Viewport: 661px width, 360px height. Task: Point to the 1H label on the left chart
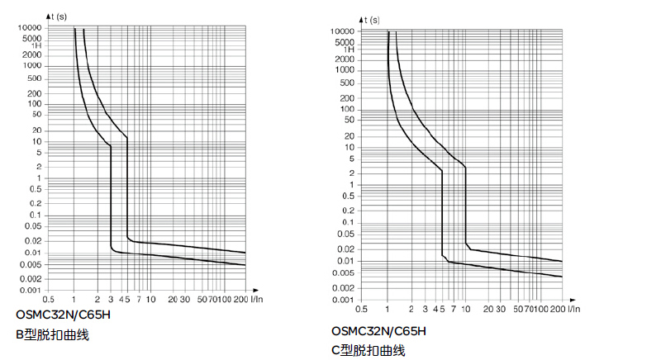tap(36, 45)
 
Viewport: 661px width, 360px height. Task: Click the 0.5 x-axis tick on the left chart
tap(50, 298)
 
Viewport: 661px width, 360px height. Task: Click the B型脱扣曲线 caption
tap(52, 334)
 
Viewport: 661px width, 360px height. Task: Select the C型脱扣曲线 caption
tap(368, 350)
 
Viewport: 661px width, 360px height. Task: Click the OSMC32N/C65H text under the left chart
tap(63, 315)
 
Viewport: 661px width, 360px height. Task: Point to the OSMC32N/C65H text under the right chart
tap(379, 331)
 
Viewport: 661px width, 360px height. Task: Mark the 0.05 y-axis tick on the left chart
tap(33, 225)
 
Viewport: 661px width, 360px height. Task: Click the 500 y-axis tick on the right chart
tap(346, 83)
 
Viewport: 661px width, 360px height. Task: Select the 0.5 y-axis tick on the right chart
tap(349, 197)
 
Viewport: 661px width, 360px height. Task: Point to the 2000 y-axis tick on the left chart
tap(33, 54)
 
